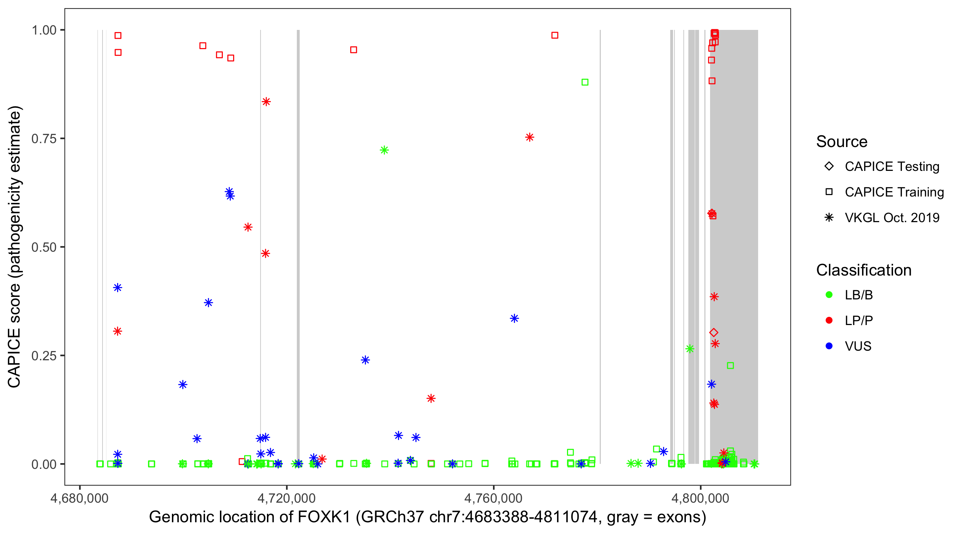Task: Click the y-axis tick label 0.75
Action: tap(43, 138)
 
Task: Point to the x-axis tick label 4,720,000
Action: tap(287, 498)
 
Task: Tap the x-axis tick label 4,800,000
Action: tap(700, 498)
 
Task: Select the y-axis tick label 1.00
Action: tap(43, 30)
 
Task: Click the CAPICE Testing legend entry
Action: tap(892, 167)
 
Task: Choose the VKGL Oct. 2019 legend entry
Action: tap(892, 218)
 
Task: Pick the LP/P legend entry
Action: tap(858, 320)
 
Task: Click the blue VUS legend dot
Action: tap(829, 346)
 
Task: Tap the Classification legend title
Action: tap(863, 270)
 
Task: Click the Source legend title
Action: tap(842, 141)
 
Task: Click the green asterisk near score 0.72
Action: tap(384, 150)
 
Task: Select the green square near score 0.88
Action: tap(585, 82)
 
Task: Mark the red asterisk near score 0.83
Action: tap(266, 101)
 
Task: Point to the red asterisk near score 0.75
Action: tap(529, 137)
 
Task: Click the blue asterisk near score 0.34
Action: tap(514, 318)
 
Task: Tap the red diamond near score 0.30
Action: tap(714, 332)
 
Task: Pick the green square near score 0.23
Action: tap(730, 365)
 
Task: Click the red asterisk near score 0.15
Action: tap(431, 398)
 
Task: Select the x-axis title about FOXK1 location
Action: tap(427, 517)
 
